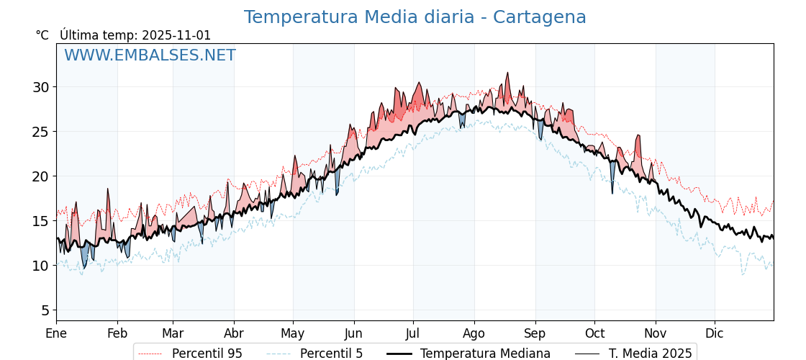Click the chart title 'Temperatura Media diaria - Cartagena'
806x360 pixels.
[x=415, y=17]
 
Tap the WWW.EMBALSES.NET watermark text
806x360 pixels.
[x=150, y=55]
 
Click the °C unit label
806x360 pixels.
[x=42, y=35]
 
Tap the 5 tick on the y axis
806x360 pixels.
[x=45, y=310]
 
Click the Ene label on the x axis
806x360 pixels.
[x=56, y=333]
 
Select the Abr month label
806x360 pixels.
[x=234, y=333]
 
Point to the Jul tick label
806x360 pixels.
[x=413, y=333]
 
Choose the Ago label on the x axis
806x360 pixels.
[x=474, y=333]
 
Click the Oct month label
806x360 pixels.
[x=594, y=333]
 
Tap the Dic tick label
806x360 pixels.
[x=715, y=333]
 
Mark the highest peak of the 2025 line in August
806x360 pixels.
[x=507, y=73]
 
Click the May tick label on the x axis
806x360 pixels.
[x=293, y=333]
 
